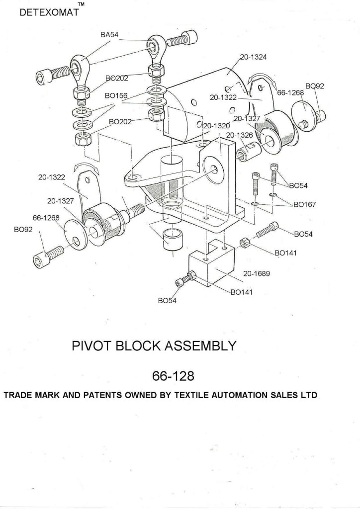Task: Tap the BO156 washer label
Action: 116,95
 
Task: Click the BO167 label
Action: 305,204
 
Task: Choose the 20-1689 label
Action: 256,273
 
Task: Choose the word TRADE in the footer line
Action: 17,396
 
